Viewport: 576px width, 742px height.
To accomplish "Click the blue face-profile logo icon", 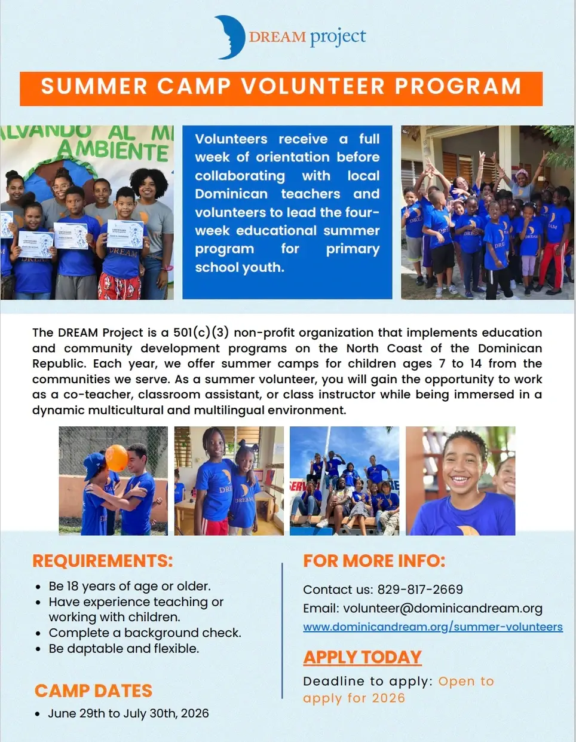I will click(x=229, y=37).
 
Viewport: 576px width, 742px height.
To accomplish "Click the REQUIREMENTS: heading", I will click(x=102, y=561).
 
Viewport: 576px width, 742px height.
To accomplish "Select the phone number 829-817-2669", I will click(x=420, y=590).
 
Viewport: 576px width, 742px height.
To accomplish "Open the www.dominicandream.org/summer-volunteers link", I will click(x=433, y=627).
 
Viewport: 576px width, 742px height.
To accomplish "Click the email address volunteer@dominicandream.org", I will click(x=443, y=608).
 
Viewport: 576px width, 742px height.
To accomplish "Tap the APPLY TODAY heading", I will click(x=362, y=657).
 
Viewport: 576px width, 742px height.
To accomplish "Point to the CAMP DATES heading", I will click(x=93, y=691).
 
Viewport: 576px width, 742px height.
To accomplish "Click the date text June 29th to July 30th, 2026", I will click(x=128, y=713).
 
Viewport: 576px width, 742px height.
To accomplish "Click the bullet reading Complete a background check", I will click(x=145, y=633).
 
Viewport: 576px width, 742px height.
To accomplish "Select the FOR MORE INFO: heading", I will click(x=374, y=561).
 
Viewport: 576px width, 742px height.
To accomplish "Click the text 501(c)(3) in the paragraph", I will click(x=201, y=332).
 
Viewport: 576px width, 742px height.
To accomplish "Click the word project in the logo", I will click(x=338, y=37).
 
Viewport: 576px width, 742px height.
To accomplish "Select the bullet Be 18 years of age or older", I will click(x=130, y=586).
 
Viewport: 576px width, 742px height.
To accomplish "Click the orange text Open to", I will click(x=466, y=681).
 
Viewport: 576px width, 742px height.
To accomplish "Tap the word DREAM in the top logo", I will click(x=277, y=37).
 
